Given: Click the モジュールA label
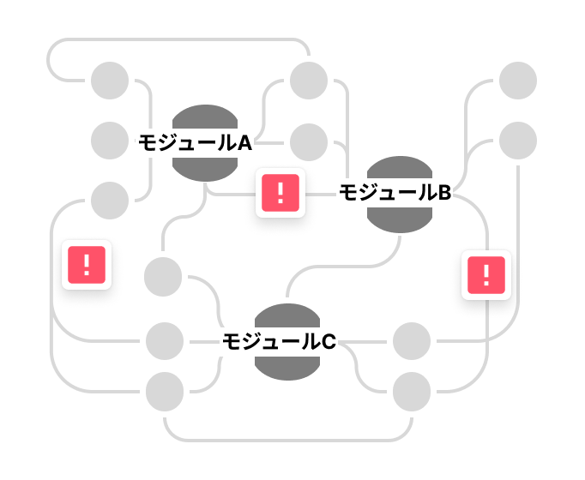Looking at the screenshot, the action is coord(195,143).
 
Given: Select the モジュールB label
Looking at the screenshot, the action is coord(395,193).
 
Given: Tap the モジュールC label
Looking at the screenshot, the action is coord(279,342).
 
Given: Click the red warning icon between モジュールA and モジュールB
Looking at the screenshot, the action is coord(280,193).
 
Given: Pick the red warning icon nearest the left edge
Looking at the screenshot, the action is coord(87,265).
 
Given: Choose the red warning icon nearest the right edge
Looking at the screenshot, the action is coord(486,275).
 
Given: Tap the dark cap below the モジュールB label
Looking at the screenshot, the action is coord(400,220).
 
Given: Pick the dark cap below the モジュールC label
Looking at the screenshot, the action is coord(287,369).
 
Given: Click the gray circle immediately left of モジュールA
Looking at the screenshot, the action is coord(110,141).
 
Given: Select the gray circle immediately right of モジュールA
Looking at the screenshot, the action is coord(309,142).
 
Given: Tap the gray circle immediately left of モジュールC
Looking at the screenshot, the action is coord(165,341).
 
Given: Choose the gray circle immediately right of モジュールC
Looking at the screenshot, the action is coord(412,341).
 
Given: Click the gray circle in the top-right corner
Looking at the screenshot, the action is coord(518,81).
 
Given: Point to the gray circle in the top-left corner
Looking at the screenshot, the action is coord(110,81).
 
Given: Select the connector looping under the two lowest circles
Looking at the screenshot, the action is coord(288,441).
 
